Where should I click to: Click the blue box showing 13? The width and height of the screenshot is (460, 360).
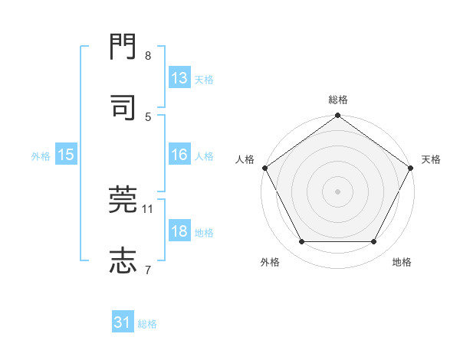tap(179, 78)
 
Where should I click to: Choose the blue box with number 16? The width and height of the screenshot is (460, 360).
tap(179, 155)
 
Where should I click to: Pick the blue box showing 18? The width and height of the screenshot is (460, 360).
tap(179, 232)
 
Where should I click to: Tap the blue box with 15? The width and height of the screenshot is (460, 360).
tap(66, 155)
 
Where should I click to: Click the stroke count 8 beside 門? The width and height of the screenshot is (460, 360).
tap(148, 56)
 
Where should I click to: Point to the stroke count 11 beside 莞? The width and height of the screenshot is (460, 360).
tap(148, 208)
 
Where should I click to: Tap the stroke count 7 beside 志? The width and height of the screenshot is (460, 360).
tap(148, 269)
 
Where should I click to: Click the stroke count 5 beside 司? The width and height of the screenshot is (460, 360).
tap(148, 116)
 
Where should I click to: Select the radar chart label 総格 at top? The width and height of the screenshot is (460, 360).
tap(337, 100)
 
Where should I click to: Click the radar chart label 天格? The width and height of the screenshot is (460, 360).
tap(431, 159)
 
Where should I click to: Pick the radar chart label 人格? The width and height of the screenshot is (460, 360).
tap(245, 159)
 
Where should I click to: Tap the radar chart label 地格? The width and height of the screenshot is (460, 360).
tap(402, 262)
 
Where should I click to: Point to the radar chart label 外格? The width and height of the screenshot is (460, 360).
tap(270, 262)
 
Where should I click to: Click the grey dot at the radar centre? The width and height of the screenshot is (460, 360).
tap(337, 191)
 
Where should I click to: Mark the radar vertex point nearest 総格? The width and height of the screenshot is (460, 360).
tap(337, 116)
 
